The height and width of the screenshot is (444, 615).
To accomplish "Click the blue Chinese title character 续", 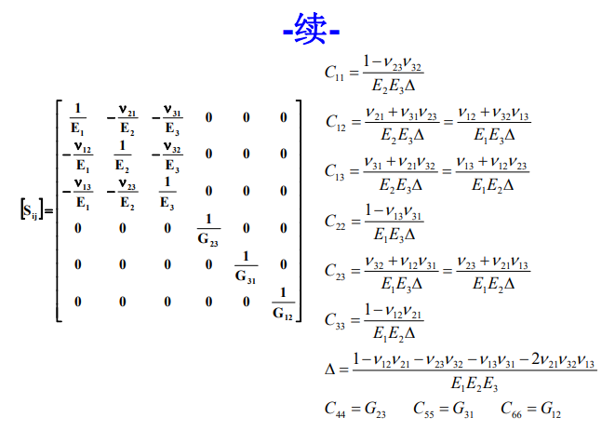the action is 311,28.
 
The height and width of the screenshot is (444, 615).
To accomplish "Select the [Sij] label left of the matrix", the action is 32,209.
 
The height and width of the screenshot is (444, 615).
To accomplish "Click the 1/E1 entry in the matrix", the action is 77,118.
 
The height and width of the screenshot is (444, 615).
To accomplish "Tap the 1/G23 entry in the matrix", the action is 208,230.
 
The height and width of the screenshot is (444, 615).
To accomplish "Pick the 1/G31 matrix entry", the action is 246,267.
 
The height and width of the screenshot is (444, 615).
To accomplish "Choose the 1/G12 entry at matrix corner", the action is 283,304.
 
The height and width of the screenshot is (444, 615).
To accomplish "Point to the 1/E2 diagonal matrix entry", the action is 123,155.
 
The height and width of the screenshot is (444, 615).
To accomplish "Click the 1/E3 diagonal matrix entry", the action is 167,193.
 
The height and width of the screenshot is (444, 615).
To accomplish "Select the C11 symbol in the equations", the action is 334,73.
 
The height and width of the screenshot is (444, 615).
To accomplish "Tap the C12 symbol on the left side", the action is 336,122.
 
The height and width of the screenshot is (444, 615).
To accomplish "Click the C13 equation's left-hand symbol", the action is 335,172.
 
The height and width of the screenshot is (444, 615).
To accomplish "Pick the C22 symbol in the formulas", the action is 335,222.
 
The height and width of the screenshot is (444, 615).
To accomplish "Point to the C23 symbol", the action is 335,272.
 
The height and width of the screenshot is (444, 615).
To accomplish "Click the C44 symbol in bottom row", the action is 335,409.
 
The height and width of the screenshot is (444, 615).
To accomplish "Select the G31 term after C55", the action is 463,409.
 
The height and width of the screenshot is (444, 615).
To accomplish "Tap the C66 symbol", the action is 512,409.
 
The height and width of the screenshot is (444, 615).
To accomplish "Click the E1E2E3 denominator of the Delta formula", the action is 475,383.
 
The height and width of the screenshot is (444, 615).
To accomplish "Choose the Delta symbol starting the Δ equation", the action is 330,370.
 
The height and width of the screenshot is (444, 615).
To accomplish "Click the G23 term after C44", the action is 375,409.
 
